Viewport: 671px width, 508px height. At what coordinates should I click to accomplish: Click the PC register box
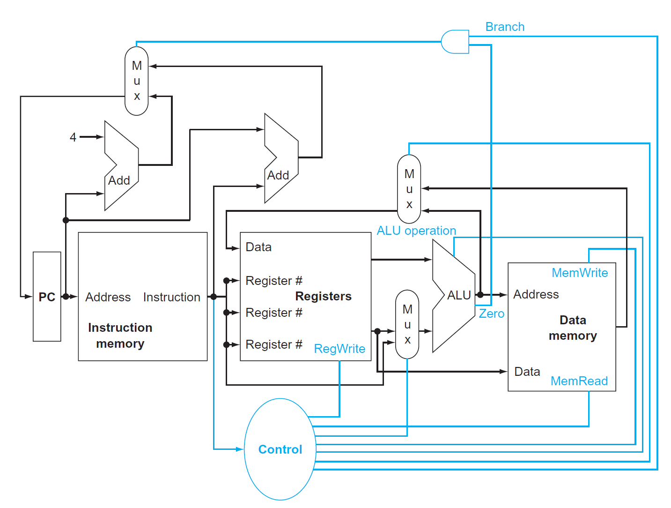[47, 297]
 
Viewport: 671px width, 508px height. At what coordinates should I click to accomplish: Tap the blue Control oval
[280, 449]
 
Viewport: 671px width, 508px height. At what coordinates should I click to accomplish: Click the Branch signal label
[505, 27]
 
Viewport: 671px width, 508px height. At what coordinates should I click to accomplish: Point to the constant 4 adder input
[73, 137]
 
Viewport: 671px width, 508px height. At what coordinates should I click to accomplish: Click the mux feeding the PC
[137, 81]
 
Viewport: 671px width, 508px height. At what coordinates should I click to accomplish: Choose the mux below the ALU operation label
[409, 189]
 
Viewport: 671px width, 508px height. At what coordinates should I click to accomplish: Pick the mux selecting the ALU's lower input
[407, 324]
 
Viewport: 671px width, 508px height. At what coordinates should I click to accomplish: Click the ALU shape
[454, 295]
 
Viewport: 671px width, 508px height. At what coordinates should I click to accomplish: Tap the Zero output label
[492, 314]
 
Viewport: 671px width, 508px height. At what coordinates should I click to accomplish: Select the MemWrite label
[580, 273]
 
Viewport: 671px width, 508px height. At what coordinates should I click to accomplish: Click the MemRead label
[579, 381]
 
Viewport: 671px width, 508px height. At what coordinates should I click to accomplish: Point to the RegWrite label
[339, 349]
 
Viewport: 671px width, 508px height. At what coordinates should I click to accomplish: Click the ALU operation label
[416, 231]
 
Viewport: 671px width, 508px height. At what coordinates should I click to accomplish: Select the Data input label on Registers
[258, 247]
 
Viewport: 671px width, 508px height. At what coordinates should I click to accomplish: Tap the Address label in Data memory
[536, 294]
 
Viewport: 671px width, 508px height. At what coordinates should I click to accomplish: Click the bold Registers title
[323, 296]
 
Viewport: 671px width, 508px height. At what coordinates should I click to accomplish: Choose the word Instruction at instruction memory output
[171, 297]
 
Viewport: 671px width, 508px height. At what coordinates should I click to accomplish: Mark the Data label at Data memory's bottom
[527, 372]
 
